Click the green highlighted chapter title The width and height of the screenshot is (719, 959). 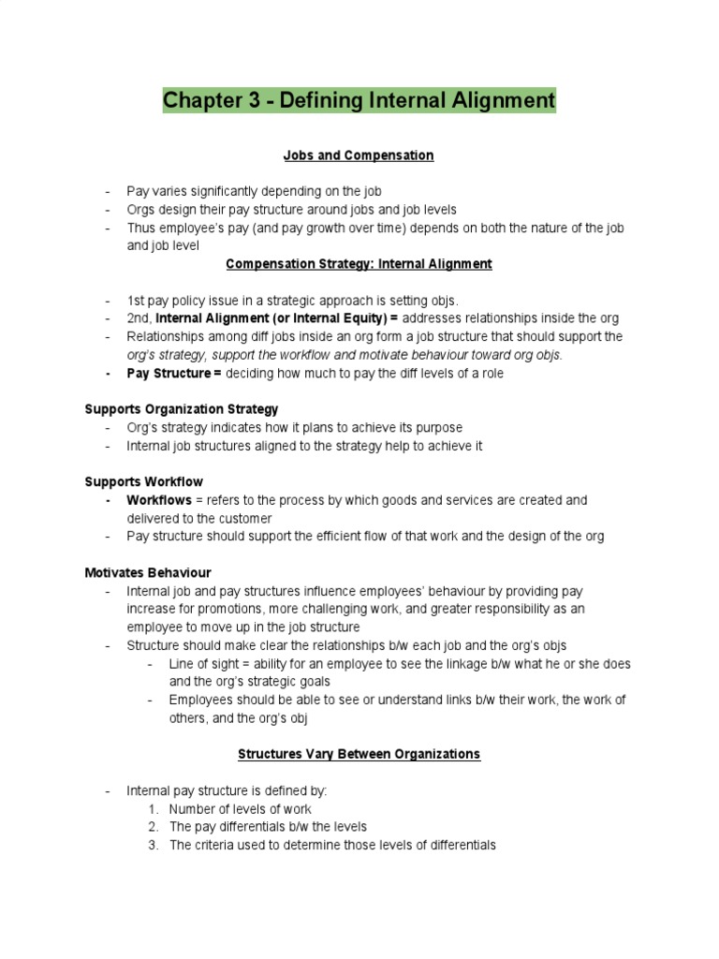pyautogui.click(x=359, y=99)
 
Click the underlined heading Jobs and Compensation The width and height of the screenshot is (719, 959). pyautogui.click(x=359, y=155)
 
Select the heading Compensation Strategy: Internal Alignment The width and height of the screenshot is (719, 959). pyautogui.click(x=359, y=264)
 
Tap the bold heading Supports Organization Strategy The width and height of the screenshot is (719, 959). pyautogui.click(x=181, y=409)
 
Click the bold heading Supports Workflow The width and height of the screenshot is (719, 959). pyautogui.click(x=143, y=481)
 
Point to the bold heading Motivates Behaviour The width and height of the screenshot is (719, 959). pyautogui.click(x=148, y=572)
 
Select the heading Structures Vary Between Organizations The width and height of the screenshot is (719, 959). pyautogui.click(x=359, y=753)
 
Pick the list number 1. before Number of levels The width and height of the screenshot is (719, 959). pyautogui.click(x=154, y=809)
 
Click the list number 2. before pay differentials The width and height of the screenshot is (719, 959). pyautogui.click(x=154, y=827)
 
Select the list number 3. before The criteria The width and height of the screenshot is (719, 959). pyautogui.click(x=154, y=845)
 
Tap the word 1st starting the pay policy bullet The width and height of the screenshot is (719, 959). pyautogui.click(x=138, y=301)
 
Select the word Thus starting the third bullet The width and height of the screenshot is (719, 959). pyautogui.click(x=141, y=228)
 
